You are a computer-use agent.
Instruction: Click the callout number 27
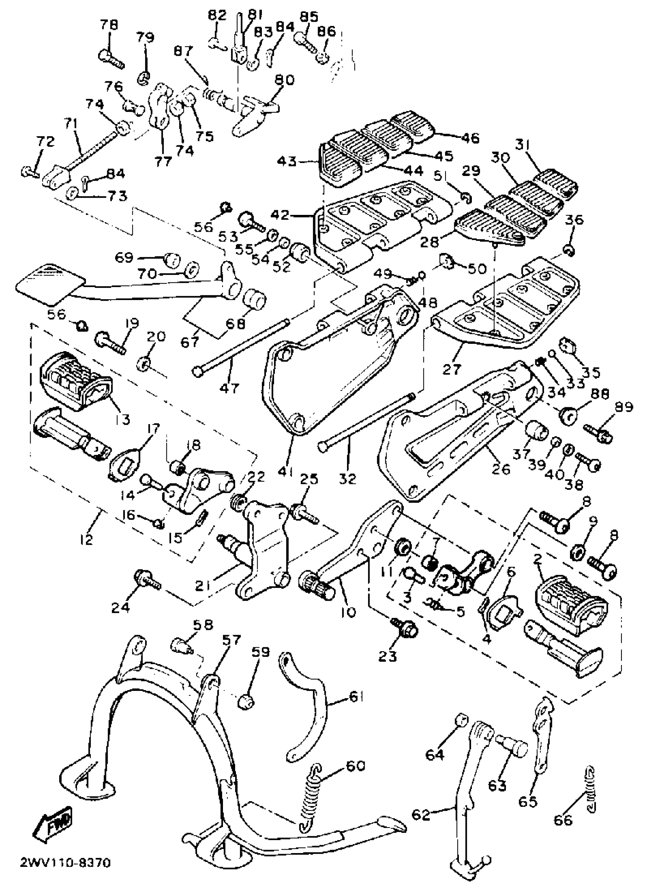(x=452, y=369)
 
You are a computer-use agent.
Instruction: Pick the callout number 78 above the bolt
(x=109, y=25)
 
